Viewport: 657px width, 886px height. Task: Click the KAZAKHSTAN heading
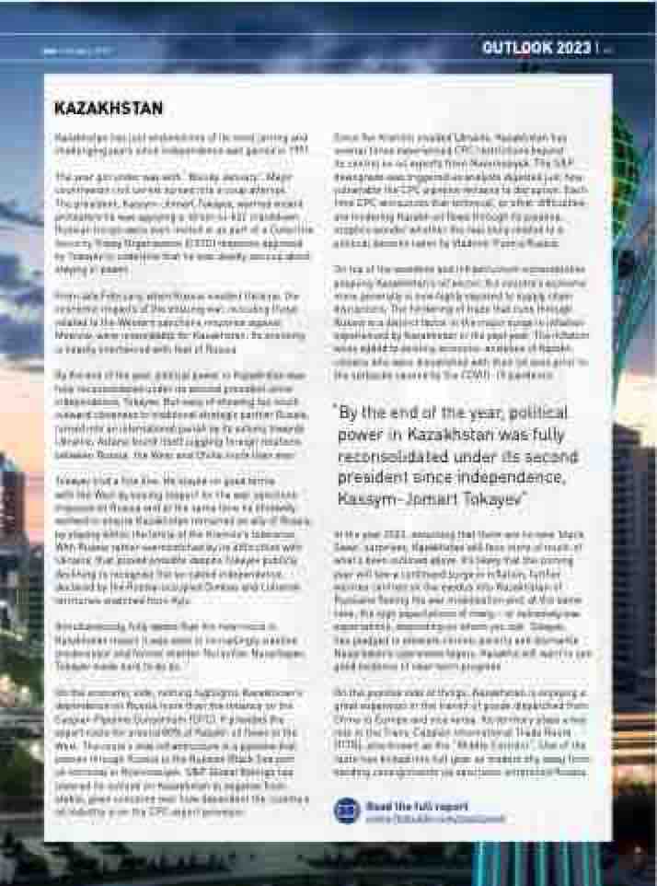109,109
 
